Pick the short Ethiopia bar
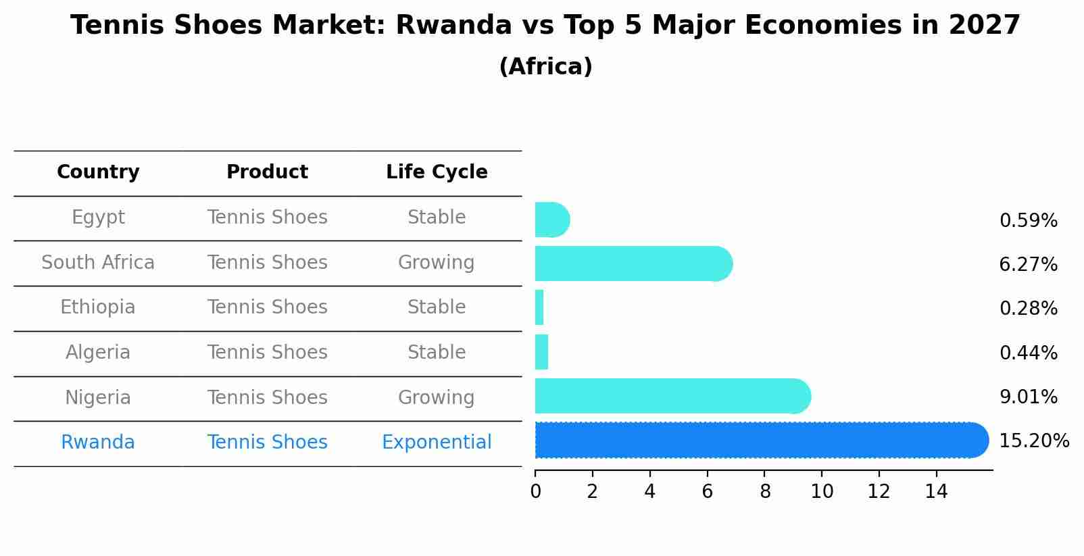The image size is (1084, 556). click(539, 307)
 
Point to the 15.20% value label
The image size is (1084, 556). click(1033, 441)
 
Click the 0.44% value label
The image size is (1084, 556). click(1028, 353)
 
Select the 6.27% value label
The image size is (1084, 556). click(1028, 264)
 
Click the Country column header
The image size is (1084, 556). click(98, 172)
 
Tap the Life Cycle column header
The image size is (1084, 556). click(437, 172)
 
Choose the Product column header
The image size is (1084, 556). click(267, 172)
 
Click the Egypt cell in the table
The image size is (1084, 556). click(98, 218)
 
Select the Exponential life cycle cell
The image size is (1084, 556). click(437, 443)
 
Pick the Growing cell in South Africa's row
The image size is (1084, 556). click(437, 262)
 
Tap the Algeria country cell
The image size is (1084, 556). click(98, 353)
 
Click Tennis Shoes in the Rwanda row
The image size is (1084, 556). click(267, 443)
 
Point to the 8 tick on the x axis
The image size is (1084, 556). click(765, 491)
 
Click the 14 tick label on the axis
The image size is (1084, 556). click(936, 491)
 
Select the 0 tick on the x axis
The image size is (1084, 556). click(535, 491)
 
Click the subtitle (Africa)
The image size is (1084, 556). click(545, 66)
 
